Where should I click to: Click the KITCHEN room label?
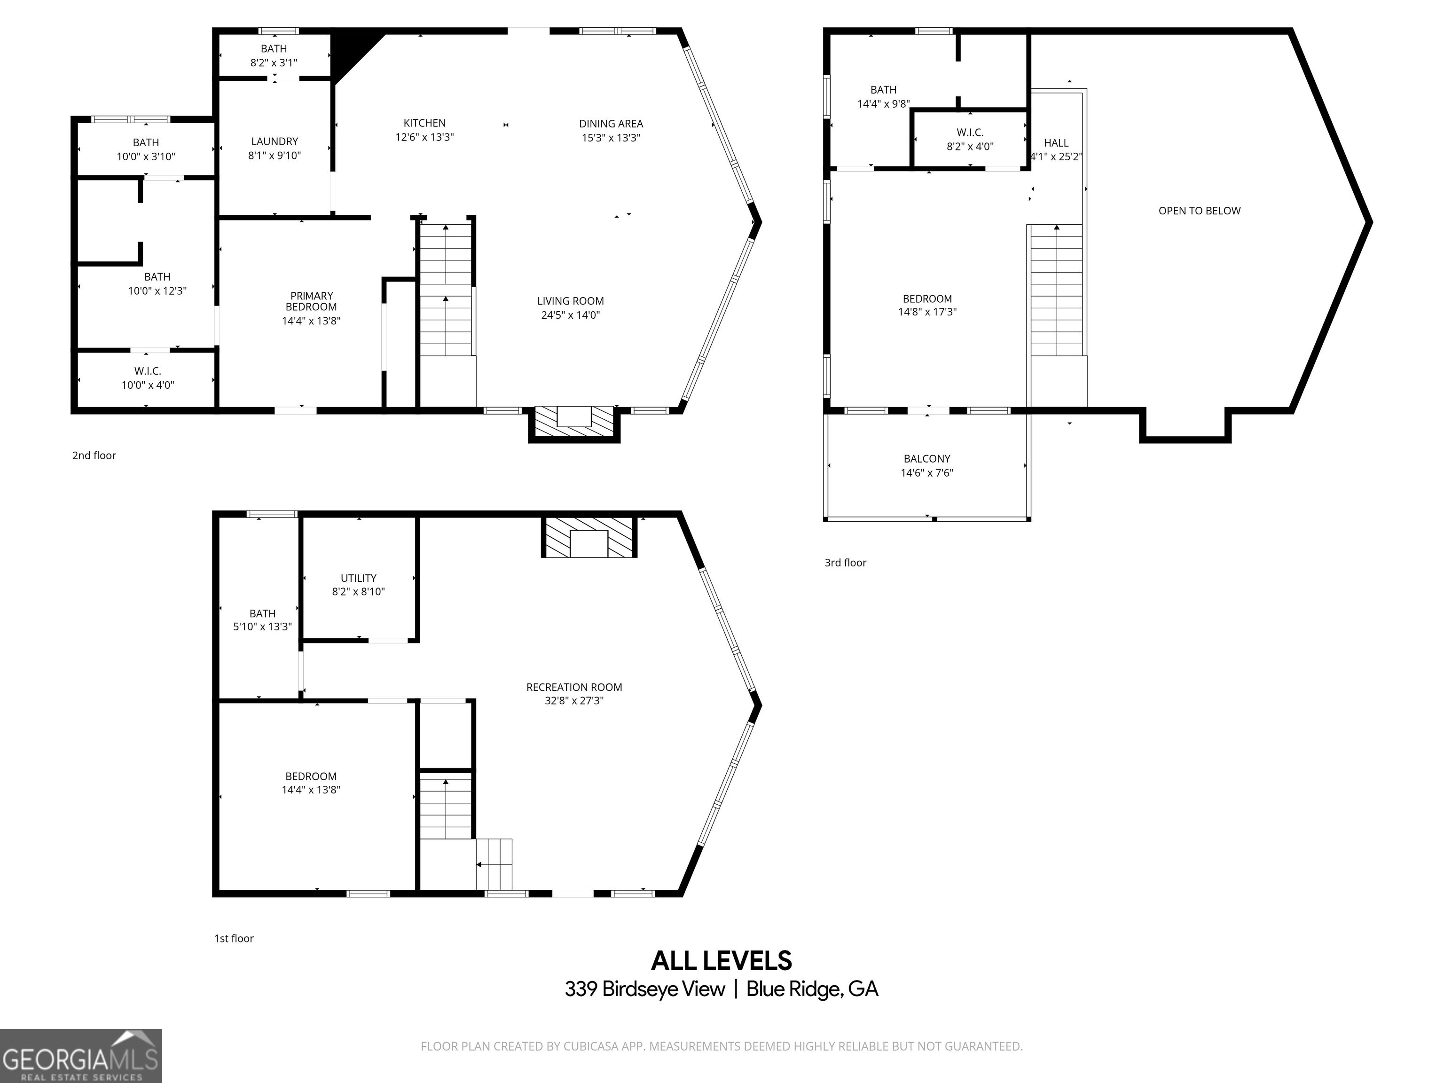(x=424, y=123)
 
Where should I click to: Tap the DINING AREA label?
(x=611, y=123)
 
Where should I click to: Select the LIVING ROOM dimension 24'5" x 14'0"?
(x=571, y=314)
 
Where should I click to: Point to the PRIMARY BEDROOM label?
(x=311, y=301)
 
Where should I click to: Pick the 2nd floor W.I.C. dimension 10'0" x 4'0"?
(x=148, y=385)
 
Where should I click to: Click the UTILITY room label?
(x=358, y=578)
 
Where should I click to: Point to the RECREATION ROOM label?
(x=574, y=687)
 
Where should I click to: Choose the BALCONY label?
(x=927, y=458)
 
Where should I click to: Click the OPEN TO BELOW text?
(x=1199, y=210)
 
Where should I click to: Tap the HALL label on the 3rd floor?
(x=1056, y=142)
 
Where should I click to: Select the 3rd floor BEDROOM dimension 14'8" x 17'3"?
(x=927, y=312)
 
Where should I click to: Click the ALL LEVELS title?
(x=722, y=961)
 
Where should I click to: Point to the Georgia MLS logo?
(x=81, y=1056)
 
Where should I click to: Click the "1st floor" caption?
(x=234, y=938)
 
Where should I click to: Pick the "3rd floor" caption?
(x=845, y=562)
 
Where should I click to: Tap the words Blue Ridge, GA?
(x=812, y=989)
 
